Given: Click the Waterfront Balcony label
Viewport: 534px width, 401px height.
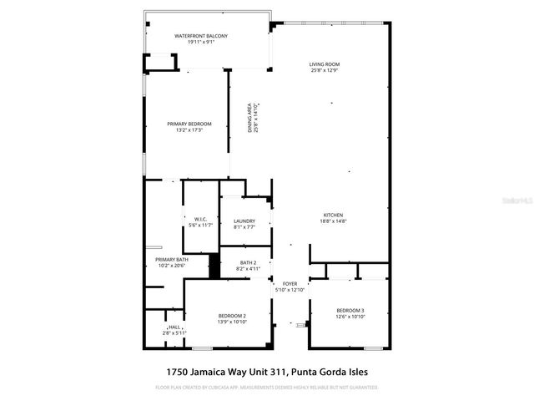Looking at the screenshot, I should point(200,36).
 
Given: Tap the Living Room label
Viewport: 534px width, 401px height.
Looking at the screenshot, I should point(325,63).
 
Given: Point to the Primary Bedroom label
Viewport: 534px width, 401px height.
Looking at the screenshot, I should point(189,124).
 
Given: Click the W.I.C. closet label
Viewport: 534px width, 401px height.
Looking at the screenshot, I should point(189,219).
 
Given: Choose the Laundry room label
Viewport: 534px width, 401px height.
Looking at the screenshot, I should point(244,221).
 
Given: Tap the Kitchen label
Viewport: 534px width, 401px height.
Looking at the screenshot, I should point(333,215).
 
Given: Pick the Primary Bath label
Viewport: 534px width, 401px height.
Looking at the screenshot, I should point(171,259).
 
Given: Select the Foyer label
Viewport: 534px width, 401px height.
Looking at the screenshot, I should point(290,284).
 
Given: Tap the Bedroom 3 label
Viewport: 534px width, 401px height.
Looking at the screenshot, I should point(350,311).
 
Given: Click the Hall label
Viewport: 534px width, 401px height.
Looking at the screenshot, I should point(174,327).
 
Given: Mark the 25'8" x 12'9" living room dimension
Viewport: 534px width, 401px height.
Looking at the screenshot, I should point(325,70).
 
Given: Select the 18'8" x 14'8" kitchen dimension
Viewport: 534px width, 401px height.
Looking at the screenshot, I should point(333,221).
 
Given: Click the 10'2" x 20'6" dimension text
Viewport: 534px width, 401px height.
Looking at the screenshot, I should point(171,266).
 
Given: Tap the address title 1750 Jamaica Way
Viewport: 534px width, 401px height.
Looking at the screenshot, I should point(266,372).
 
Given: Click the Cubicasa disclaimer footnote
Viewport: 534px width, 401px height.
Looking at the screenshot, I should point(266,388).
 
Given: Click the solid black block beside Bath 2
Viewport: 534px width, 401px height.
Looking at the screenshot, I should point(214,266).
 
